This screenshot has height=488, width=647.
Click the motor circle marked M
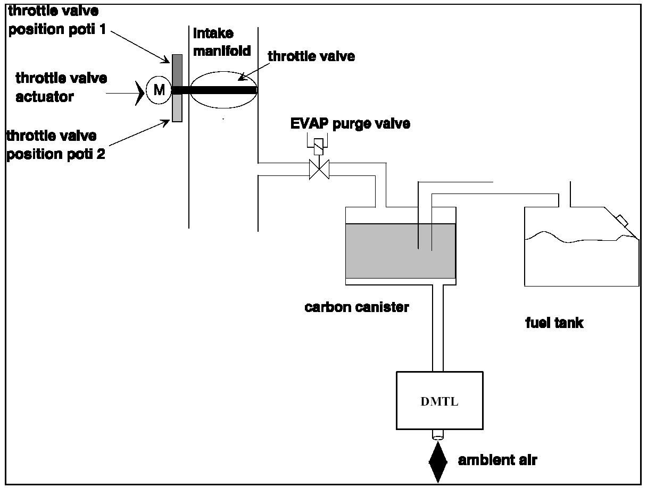(159, 90)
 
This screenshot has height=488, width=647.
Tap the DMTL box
(439, 400)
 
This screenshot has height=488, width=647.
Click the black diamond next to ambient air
(438, 462)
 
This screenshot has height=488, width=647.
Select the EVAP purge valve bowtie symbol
(319, 170)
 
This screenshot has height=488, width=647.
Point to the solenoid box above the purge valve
(319, 146)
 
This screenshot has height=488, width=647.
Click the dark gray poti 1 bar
(177, 71)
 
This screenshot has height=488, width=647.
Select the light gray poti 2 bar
(177, 108)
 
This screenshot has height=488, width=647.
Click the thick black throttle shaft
(214, 90)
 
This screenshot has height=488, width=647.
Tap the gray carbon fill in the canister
(401, 251)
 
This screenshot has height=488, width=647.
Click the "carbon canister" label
(356, 307)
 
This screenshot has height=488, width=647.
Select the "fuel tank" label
(554, 323)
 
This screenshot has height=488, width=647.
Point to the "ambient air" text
(497, 460)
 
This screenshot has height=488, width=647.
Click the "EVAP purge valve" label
(350, 124)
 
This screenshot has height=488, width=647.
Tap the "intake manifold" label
(222, 42)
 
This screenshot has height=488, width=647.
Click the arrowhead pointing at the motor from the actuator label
(140, 93)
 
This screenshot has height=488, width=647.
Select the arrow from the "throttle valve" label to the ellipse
(254, 71)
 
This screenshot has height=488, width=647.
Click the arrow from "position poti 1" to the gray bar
(140, 47)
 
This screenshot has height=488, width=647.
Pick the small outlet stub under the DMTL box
(438, 435)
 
